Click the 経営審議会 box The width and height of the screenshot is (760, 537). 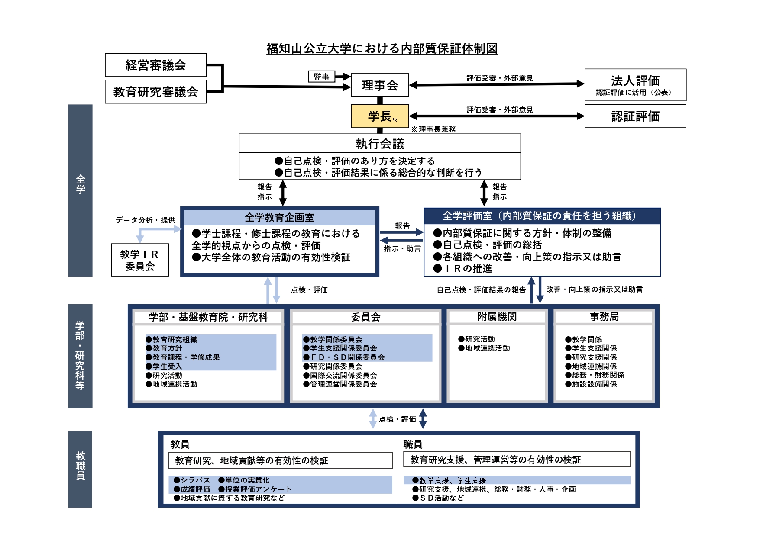point(155,65)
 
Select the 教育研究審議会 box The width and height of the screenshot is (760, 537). point(155,92)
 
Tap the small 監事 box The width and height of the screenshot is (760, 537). point(321,77)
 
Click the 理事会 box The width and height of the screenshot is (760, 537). point(380,85)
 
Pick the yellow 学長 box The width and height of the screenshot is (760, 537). point(380,116)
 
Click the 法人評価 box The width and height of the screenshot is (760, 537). point(635,85)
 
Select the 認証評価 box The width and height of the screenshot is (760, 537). point(635,116)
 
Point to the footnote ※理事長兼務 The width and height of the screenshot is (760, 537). point(433,129)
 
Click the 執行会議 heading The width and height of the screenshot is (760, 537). point(380,144)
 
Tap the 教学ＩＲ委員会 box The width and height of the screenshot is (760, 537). point(140,260)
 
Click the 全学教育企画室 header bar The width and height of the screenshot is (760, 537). point(279,217)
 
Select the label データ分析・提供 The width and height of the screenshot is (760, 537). point(146,220)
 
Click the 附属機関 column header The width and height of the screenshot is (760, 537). point(497,317)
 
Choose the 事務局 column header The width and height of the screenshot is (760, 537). point(604,317)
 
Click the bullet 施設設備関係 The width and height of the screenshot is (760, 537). point(591,384)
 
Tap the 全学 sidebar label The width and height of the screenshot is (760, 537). point(81,184)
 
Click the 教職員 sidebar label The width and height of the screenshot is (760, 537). point(81,466)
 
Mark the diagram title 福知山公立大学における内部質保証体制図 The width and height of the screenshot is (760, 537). point(382,48)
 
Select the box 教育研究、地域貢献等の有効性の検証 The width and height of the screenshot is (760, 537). point(280,460)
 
